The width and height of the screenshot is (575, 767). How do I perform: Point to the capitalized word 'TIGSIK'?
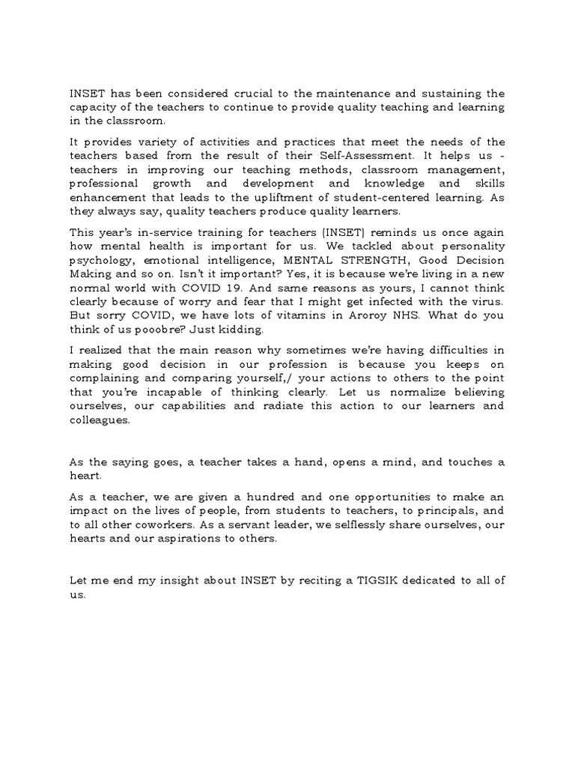coord(368,580)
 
